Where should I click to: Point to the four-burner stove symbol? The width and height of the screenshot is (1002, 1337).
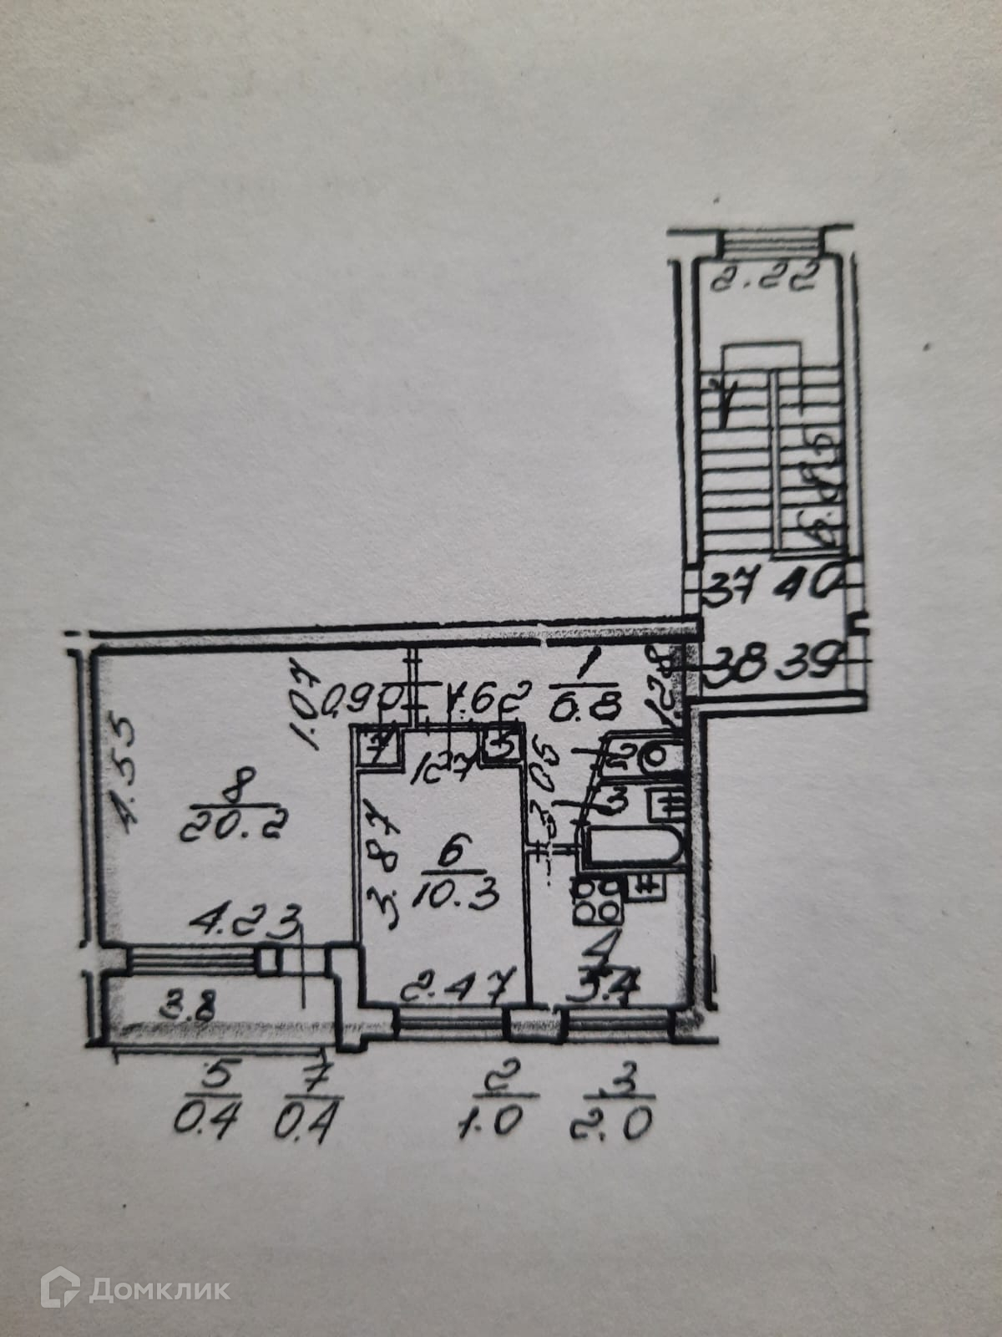click(595, 901)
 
